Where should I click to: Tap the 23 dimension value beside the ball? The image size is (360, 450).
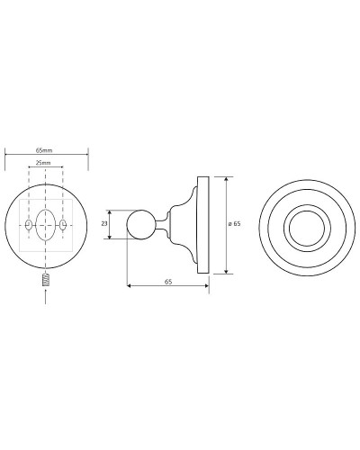click(104, 224)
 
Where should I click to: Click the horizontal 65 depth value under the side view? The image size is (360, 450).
click(168, 282)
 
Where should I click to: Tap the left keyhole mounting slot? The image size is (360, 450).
click(28, 223)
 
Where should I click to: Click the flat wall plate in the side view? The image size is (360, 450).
click(205, 224)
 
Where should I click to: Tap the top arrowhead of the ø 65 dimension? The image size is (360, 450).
click(225, 178)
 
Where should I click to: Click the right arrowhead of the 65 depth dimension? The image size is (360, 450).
click(207, 288)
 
